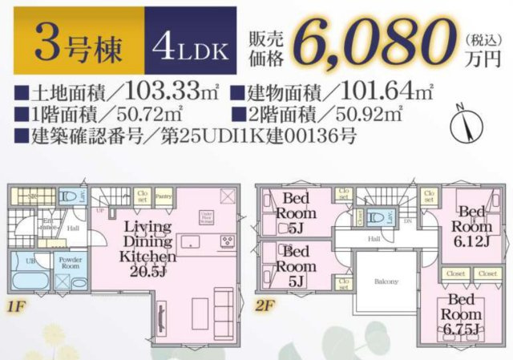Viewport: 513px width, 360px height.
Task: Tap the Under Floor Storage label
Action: (x=207, y=215)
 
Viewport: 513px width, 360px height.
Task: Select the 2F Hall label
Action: (x=374, y=238)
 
